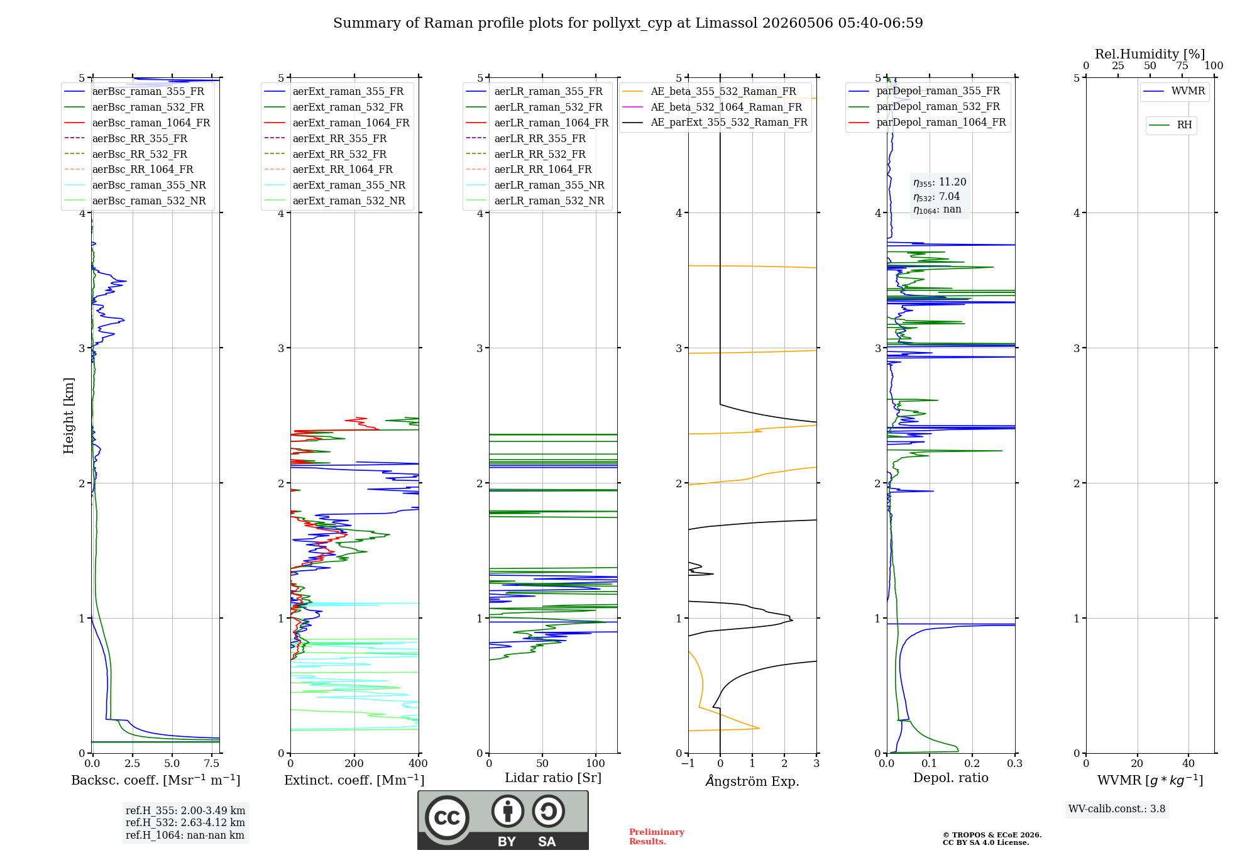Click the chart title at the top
(x=628, y=23)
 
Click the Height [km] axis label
(x=69, y=416)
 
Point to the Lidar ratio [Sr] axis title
(x=553, y=778)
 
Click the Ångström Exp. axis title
(x=752, y=781)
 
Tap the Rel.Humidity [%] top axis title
(x=1150, y=54)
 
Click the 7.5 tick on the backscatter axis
(x=212, y=763)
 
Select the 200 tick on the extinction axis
(x=354, y=763)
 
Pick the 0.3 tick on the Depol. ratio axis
(x=1015, y=763)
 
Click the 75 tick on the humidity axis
(x=1182, y=66)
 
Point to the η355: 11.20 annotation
(x=940, y=182)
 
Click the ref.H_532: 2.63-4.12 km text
(x=185, y=822)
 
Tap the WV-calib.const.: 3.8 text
(x=1117, y=809)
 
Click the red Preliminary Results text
(x=657, y=837)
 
